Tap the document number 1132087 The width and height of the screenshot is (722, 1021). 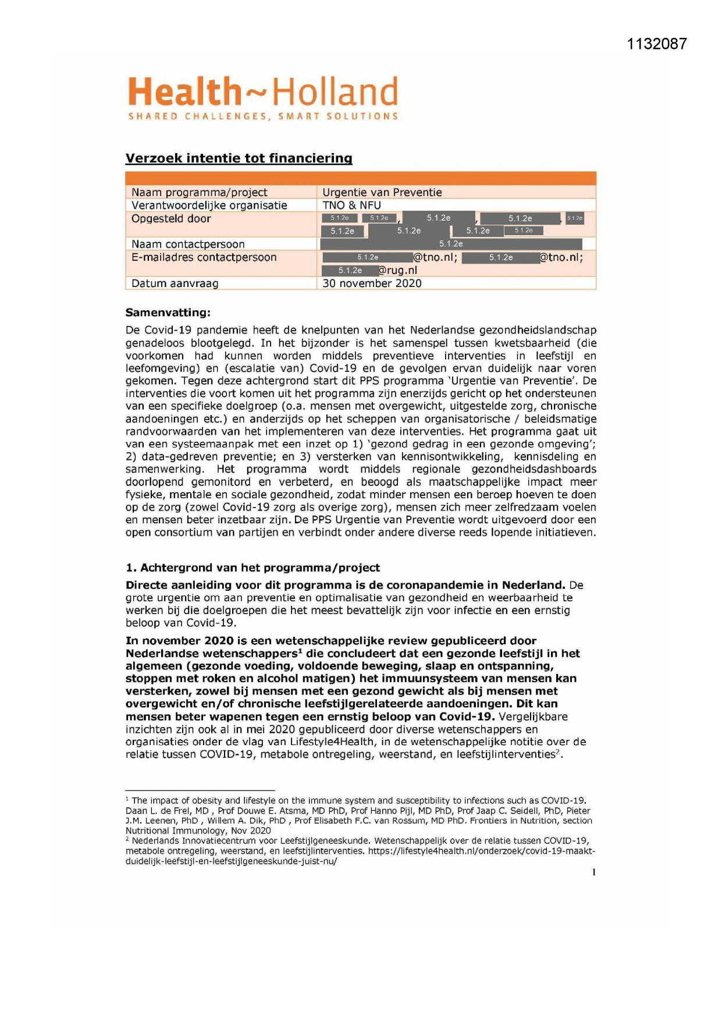pyautogui.click(x=657, y=44)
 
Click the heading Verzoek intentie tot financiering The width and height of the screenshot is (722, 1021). pyautogui.click(x=239, y=158)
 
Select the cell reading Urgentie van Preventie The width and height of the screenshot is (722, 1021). pyautogui.click(x=382, y=193)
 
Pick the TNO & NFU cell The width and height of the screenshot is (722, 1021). pyautogui.click(x=351, y=205)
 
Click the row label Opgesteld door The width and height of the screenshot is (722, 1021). pyautogui.click(x=171, y=219)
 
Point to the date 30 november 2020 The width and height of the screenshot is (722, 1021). pyautogui.click(x=372, y=283)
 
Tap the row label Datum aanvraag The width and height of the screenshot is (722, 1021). pyautogui.click(x=175, y=283)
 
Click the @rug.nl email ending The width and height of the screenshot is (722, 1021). pyautogui.click(x=398, y=271)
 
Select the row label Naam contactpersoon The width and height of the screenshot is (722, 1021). pyautogui.click(x=188, y=244)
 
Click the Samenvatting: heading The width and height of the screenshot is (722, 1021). pyautogui.click(x=168, y=313)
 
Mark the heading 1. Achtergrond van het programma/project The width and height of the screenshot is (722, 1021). pyautogui.click(x=252, y=568)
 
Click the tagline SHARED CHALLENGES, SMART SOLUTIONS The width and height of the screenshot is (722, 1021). pyautogui.click(x=263, y=116)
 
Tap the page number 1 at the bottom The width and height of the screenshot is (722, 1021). pyautogui.click(x=593, y=872)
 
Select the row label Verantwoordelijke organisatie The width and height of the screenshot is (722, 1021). pyautogui.click(x=209, y=205)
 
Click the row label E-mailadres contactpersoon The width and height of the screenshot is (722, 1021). pyautogui.click(x=204, y=257)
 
